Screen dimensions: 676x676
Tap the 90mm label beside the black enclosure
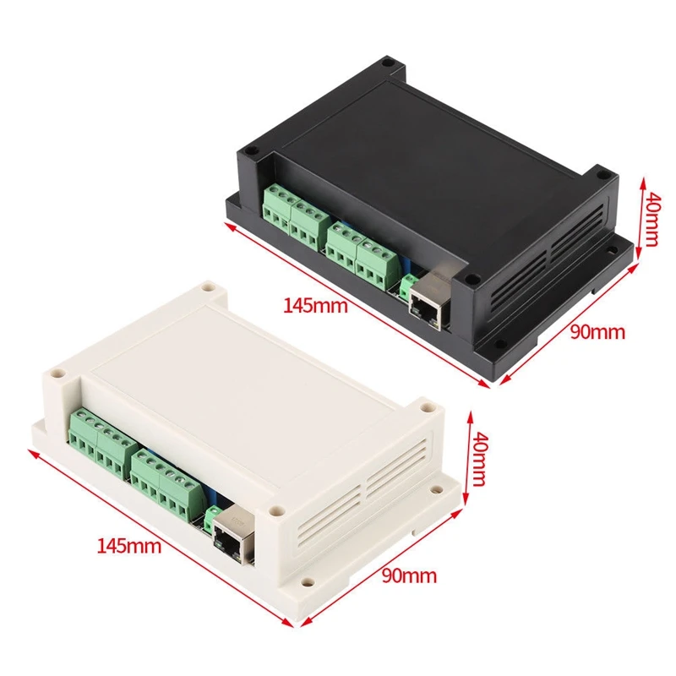pos(597,331)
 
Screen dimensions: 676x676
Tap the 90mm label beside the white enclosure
pos(409,576)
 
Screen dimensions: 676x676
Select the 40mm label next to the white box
pos(478,460)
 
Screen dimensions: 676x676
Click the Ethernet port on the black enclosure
pos(428,302)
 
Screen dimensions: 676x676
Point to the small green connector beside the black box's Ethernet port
pos(408,284)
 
